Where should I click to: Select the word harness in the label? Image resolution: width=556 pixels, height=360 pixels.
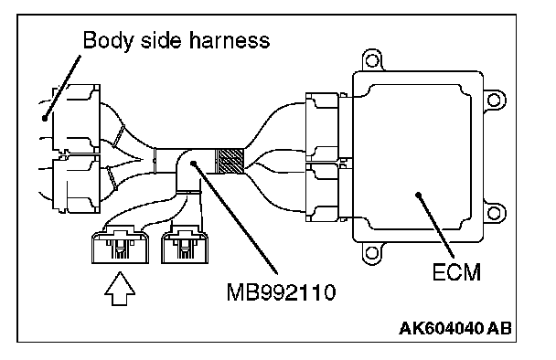tap(230, 39)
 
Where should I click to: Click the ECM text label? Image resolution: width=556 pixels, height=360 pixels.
tap(456, 272)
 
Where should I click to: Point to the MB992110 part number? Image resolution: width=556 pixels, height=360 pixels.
tap(281, 292)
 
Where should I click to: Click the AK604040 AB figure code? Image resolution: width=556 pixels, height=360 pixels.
tap(455, 328)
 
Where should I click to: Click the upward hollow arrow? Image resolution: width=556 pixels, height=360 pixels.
tap(120, 289)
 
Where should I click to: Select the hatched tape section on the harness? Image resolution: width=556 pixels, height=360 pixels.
tap(230, 161)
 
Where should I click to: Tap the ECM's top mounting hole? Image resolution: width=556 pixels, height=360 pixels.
tap(372, 60)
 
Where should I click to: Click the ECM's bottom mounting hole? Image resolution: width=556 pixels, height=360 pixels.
tap(371, 253)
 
